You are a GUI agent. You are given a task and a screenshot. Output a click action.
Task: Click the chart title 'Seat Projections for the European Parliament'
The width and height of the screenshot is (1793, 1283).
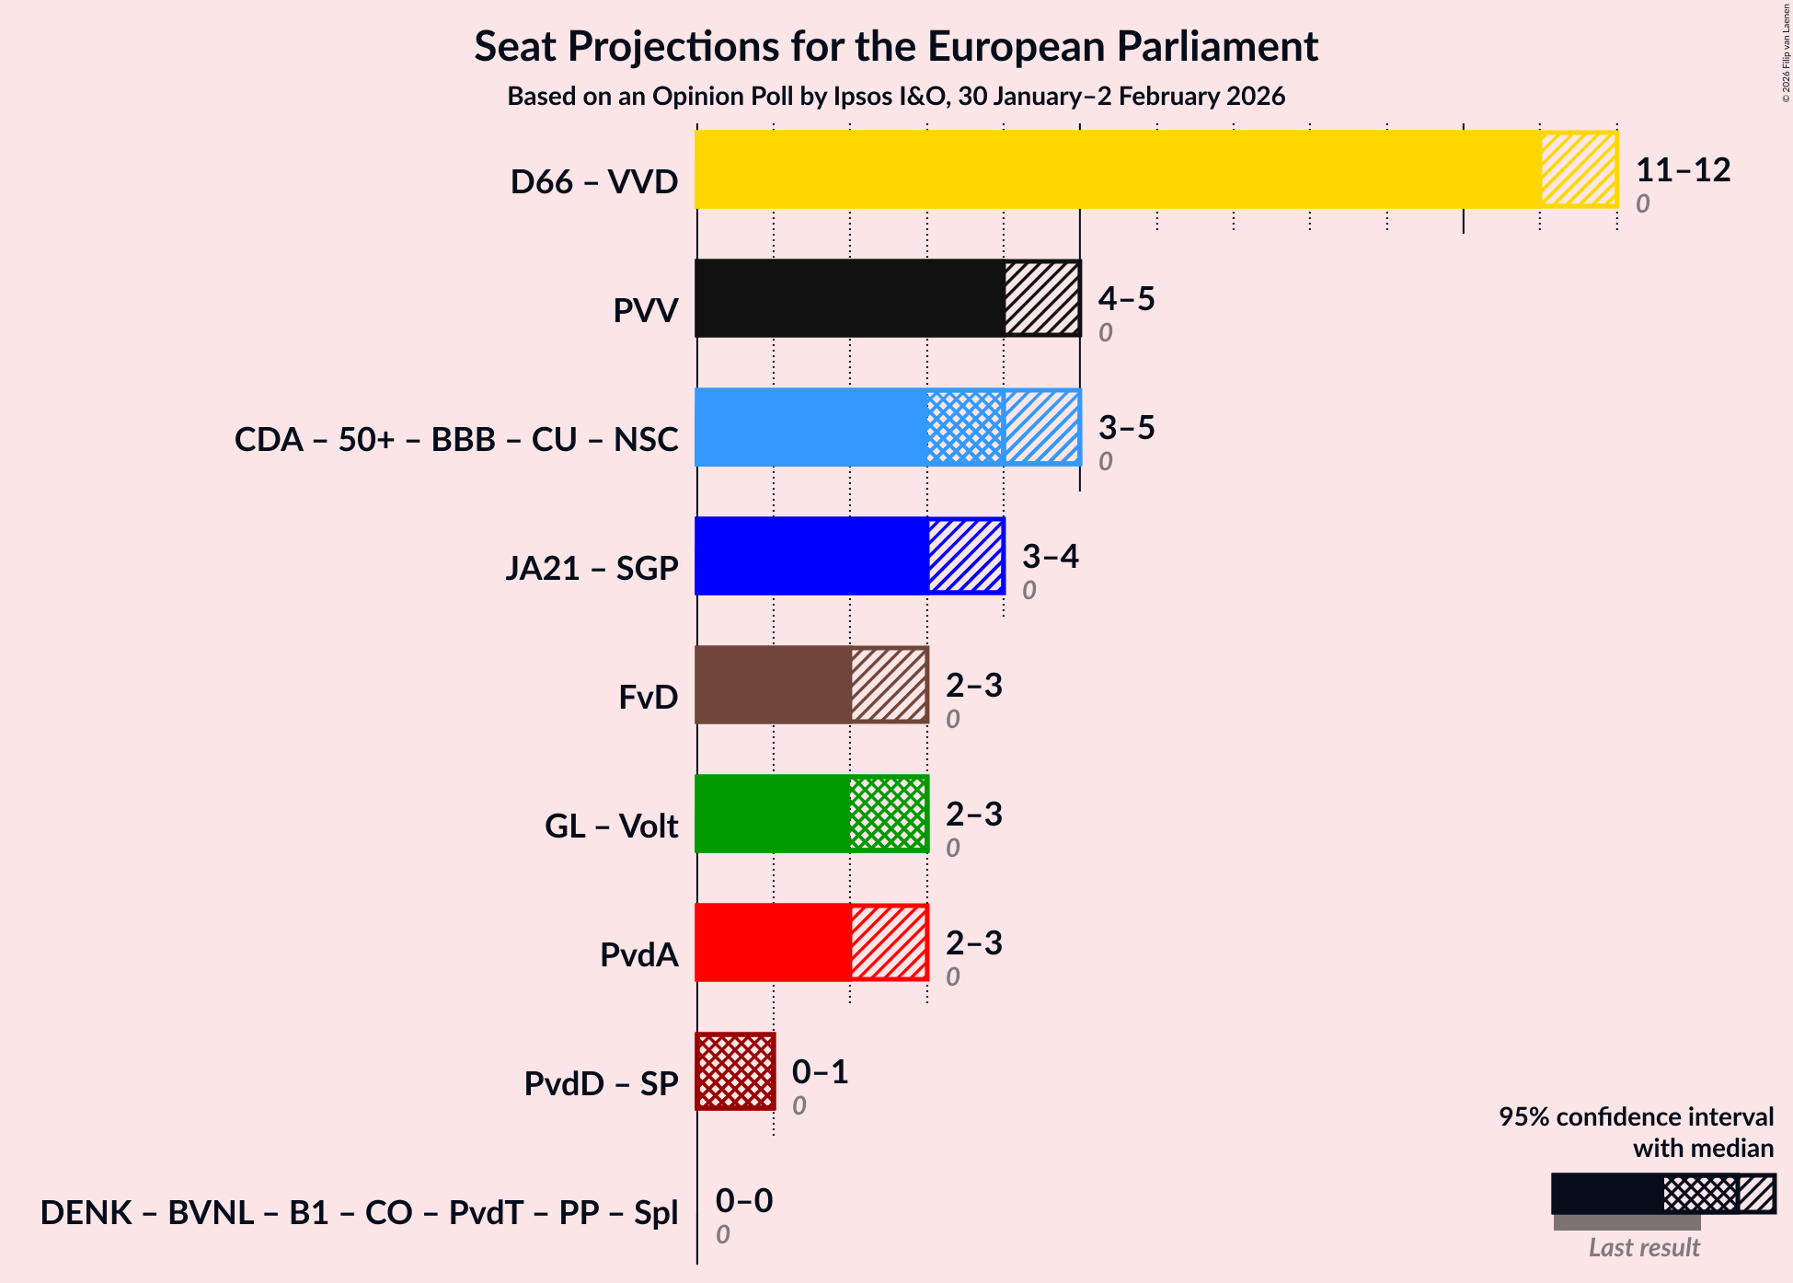(896, 47)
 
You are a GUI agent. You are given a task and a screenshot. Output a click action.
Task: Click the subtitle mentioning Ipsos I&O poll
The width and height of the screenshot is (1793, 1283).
(896, 97)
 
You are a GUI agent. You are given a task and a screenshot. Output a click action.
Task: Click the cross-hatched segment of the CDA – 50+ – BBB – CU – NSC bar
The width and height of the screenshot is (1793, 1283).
(965, 427)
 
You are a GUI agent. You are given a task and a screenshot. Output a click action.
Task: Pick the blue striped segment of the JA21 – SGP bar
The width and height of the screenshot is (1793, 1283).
(965, 556)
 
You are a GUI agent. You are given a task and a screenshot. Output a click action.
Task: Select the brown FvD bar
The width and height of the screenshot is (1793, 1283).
(773, 685)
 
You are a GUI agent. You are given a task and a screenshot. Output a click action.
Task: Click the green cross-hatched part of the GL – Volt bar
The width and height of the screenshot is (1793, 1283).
(888, 814)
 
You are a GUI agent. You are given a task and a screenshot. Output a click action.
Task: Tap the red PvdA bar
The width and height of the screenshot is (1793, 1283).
(773, 942)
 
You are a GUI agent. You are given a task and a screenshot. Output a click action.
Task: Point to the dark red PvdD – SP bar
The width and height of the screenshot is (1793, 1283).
(735, 1071)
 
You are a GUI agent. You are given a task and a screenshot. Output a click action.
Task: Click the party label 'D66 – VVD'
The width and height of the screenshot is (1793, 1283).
(594, 182)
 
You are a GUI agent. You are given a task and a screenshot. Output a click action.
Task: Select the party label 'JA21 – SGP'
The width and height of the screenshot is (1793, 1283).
(592, 569)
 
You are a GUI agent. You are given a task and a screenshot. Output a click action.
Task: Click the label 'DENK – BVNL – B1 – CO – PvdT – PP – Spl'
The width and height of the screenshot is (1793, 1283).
(359, 1213)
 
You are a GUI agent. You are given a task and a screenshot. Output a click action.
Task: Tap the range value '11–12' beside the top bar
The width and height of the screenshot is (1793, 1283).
(1683, 170)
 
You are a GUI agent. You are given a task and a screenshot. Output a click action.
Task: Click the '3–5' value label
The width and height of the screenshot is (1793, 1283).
(1126, 428)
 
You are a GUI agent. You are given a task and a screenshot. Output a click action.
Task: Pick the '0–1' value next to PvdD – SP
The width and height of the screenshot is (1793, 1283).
(820, 1072)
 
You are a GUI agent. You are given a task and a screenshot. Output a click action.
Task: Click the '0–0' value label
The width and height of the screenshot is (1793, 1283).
(743, 1201)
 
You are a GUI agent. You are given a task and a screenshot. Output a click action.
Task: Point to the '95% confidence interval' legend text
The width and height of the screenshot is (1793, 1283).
(1636, 1117)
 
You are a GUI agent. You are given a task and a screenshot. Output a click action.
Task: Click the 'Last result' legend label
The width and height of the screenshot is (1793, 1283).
(1643, 1248)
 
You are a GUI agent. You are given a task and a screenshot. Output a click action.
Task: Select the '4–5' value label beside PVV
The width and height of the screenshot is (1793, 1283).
(1126, 299)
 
